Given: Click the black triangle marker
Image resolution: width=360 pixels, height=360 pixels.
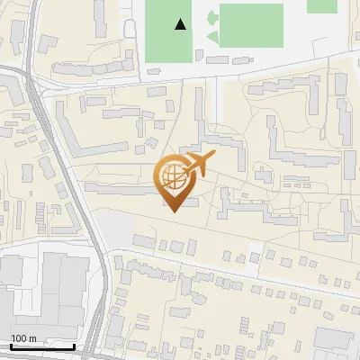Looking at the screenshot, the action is click(181, 24).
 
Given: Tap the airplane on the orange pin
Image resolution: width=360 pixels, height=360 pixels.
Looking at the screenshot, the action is click(197, 164).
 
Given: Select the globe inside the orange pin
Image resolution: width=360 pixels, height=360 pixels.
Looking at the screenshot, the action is click(175, 177).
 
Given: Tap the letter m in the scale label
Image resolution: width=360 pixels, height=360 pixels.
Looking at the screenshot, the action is click(33, 338).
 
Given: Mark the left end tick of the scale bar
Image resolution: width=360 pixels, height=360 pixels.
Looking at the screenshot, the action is click(11, 345).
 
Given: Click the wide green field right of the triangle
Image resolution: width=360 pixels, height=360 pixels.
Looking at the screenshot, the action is click(251, 23).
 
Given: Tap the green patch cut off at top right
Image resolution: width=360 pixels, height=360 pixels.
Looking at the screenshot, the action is click(321, 5).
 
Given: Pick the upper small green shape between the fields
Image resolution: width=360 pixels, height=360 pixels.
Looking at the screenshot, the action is click(211, 16).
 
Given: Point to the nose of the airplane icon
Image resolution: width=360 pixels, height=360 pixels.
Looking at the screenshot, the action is click(215, 154).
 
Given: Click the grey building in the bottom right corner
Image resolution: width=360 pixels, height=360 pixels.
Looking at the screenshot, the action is click(337, 343).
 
